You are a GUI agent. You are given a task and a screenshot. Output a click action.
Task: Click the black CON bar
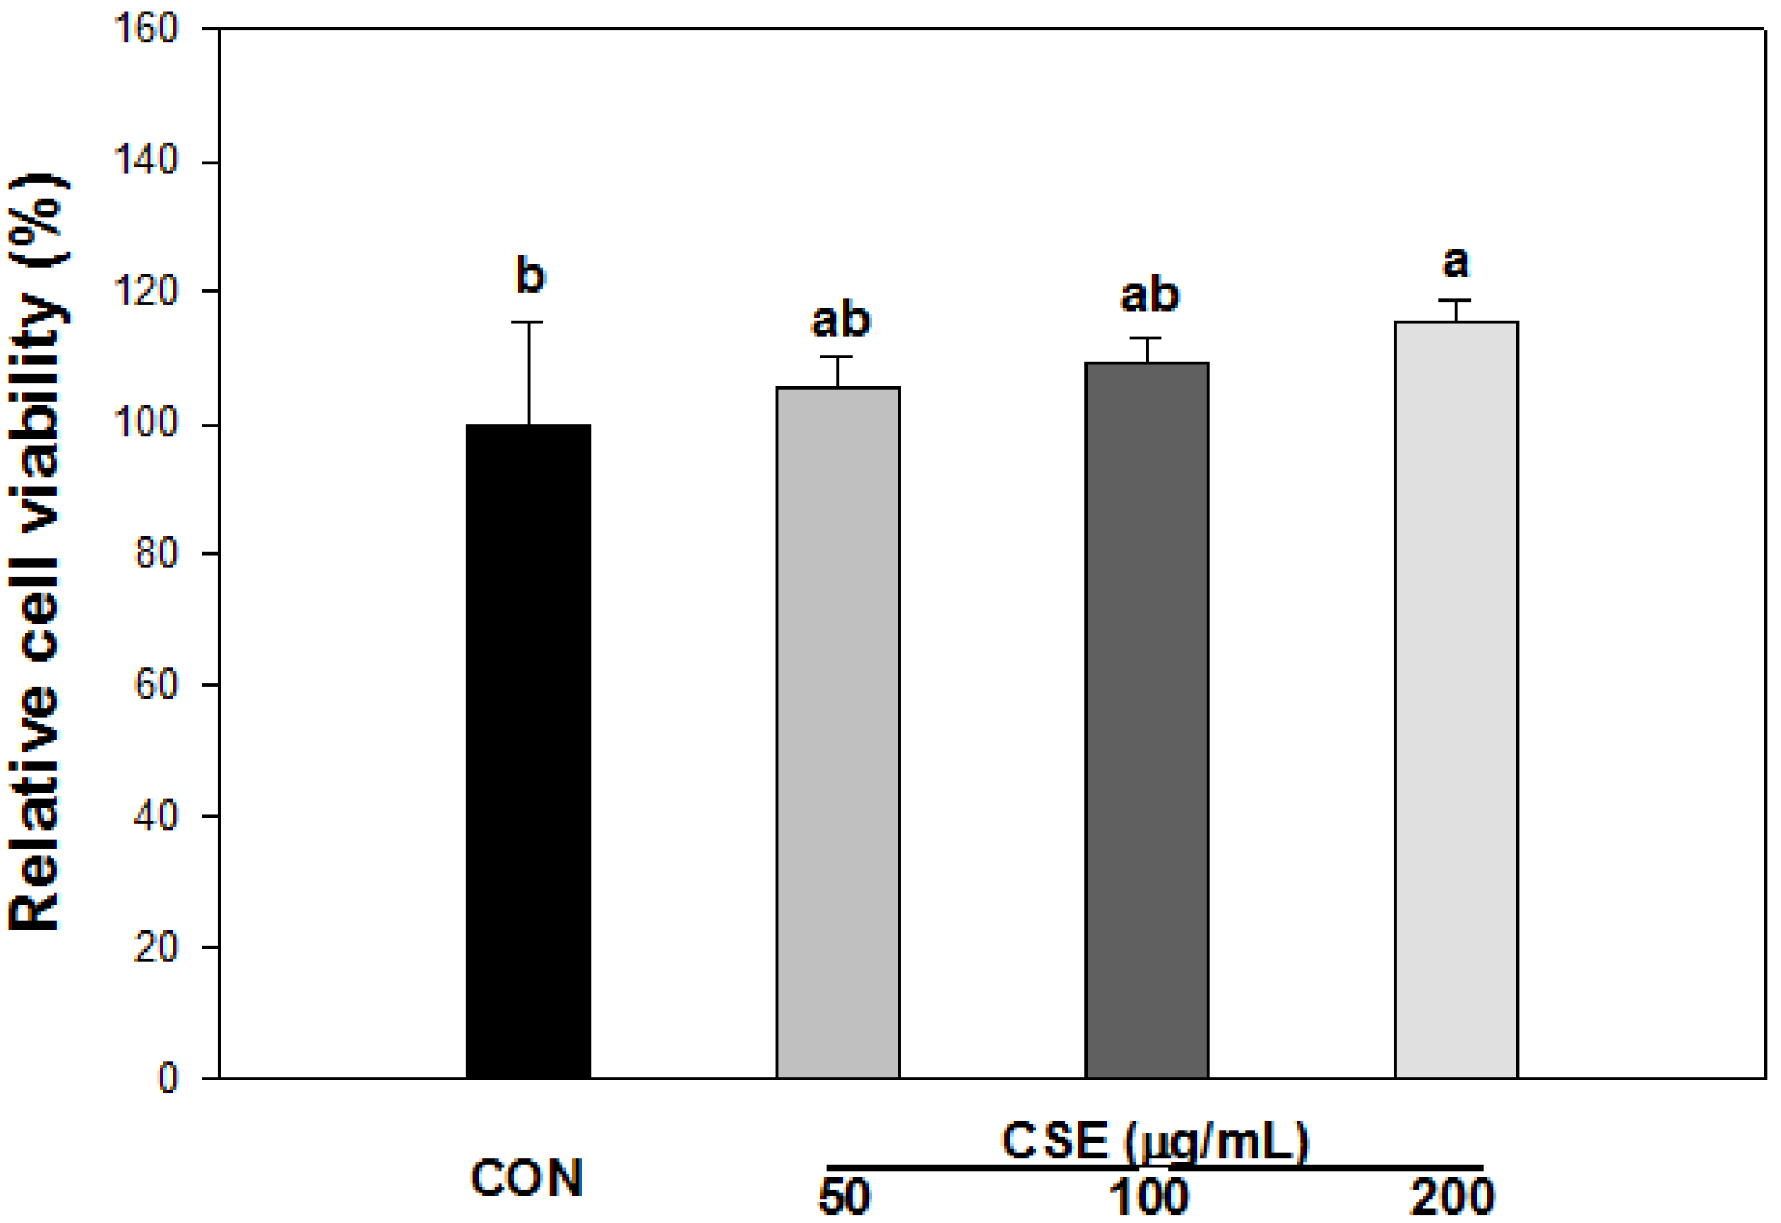(528, 750)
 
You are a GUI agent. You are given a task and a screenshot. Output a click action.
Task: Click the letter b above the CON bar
(530, 275)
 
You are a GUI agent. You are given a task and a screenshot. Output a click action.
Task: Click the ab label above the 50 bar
(839, 320)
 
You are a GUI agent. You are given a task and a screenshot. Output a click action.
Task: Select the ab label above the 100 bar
(1149, 295)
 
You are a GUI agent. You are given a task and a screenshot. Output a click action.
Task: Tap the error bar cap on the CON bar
(528, 323)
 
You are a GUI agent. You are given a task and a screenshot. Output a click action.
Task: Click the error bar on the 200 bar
(1456, 310)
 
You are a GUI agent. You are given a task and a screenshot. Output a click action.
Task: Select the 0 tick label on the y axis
(168, 1079)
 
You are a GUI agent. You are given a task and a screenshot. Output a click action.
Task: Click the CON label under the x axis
(527, 1178)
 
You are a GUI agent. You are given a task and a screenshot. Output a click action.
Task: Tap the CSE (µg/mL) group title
(1154, 1142)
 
